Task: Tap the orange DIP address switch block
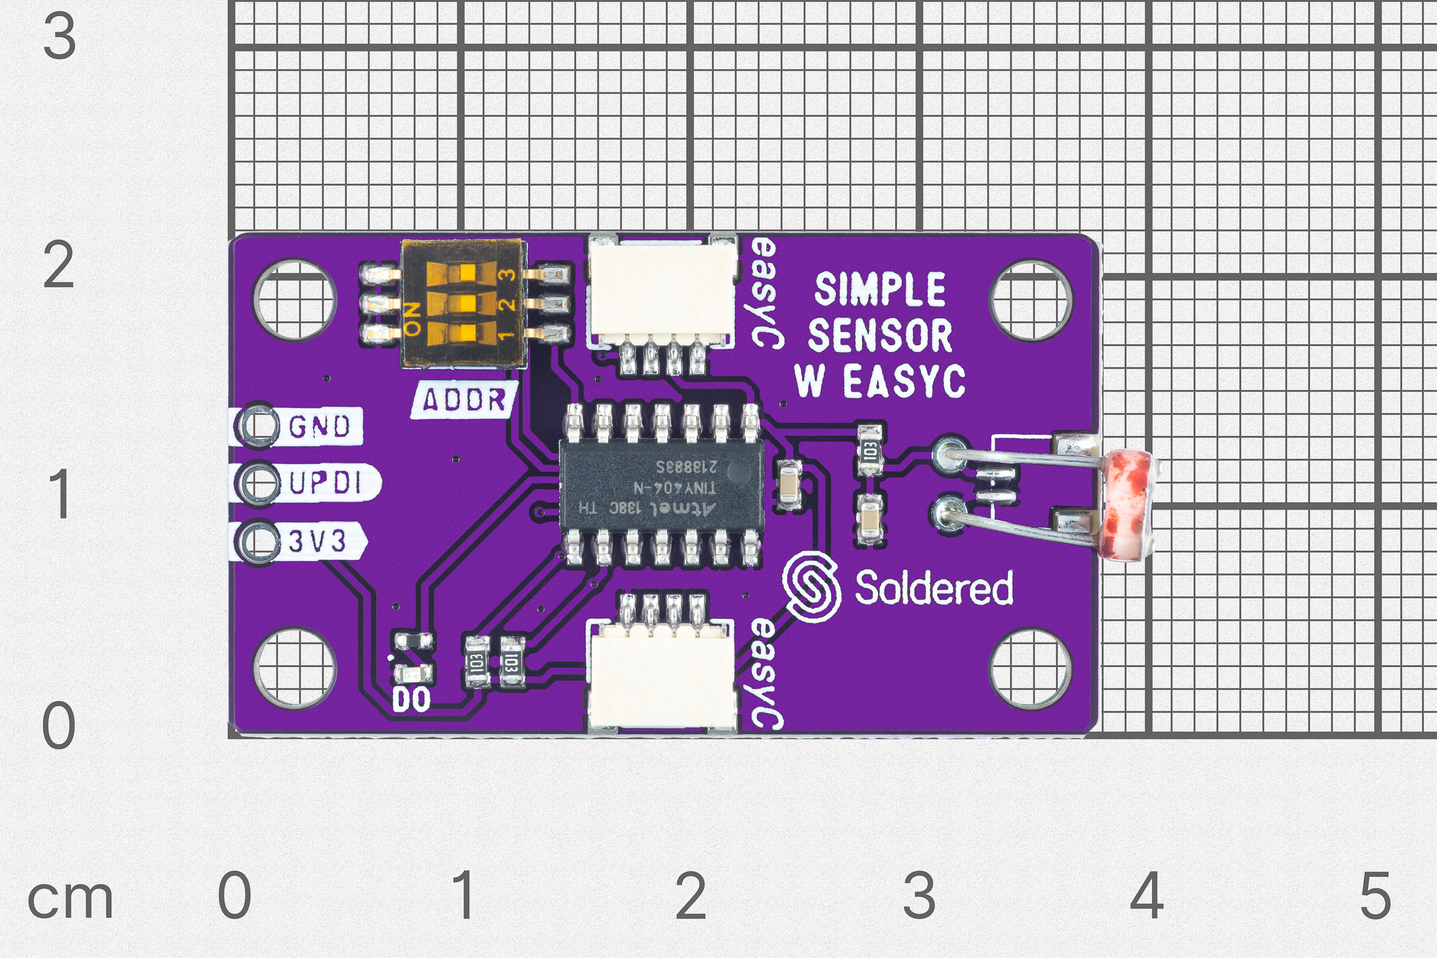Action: pyautogui.click(x=462, y=304)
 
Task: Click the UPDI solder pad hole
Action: pyautogui.click(x=258, y=483)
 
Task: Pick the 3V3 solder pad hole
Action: pyautogui.click(x=258, y=541)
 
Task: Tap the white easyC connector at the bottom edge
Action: pyautogui.click(x=661, y=678)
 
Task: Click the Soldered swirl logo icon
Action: pyautogui.click(x=812, y=587)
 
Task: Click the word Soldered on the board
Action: pyautogui.click(x=933, y=588)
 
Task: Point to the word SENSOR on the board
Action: pyautogui.click(x=880, y=335)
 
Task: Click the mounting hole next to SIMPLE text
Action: pyautogui.click(x=1030, y=300)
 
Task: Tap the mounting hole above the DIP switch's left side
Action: pyautogui.click(x=295, y=300)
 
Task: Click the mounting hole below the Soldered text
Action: pyautogui.click(x=1030, y=668)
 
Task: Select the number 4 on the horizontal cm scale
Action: pyautogui.click(x=1147, y=896)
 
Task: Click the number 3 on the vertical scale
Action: pyautogui.click(x=59, y=37)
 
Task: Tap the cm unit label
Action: pyautogui.click(x=70, y=899)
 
